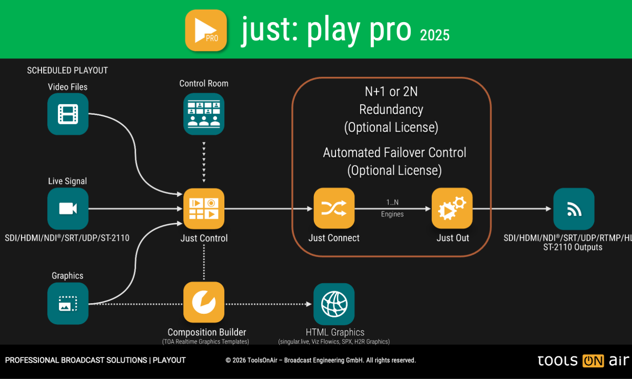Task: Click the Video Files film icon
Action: pos(68,114)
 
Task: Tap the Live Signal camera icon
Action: pos(68,208)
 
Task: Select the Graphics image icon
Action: pos(68,304)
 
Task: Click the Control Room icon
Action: pos(204,114)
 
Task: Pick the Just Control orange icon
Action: pos(204,208)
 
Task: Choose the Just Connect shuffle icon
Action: pos(334,208)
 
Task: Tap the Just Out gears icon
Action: pos(452,208)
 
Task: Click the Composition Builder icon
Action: pos(204,302)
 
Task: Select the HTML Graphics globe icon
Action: pos(334,304)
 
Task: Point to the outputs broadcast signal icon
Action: pos(574,208)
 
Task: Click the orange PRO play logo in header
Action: pos(206,31)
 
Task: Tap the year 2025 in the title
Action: pos(434,35)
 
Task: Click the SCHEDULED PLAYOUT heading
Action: pos(67,71)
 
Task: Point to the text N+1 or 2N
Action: pos(391,92)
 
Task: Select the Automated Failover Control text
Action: pos(394,153)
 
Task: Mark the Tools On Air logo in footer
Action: pos(583,361)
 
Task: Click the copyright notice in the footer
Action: pos(321,361)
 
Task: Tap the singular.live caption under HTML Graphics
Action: pos(334,342)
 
